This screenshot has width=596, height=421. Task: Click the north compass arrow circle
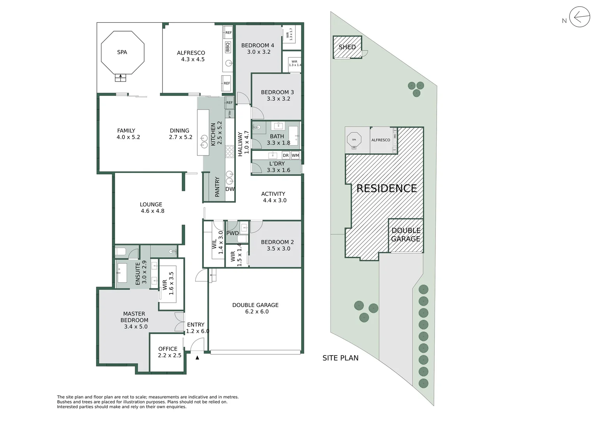click(x=579, y=17)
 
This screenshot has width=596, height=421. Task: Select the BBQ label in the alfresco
click(x=228, y=47)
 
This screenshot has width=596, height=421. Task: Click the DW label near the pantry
click(x=230, y=189)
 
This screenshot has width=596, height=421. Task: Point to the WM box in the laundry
click(x=295, y=156)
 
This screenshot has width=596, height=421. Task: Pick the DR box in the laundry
click(x=286, y=156)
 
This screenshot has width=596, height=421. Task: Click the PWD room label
click(x=232, y=233)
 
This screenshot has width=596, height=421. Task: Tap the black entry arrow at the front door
click(x=197, y=357)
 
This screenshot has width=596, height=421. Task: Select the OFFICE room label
click(x=168, y=349)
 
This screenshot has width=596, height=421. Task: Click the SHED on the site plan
click(x=347, y=47)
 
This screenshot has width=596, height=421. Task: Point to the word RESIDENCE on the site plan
click(x=387, y=189)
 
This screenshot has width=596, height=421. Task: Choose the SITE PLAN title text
click(x=340, y=358)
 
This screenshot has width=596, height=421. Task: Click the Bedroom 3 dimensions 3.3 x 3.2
click(x=278, y=99)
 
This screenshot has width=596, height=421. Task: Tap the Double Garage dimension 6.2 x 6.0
click(x=256, y=311)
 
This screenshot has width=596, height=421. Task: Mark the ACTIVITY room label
click(x=273, y=194)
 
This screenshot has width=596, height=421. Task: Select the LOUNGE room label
click(x=151, y=204)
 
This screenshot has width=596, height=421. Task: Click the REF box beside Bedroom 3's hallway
click(x=229, y=103)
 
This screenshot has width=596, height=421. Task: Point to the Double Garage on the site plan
click(x=406, y=235)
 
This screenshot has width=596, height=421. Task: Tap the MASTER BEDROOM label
click(x=134, y=317)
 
